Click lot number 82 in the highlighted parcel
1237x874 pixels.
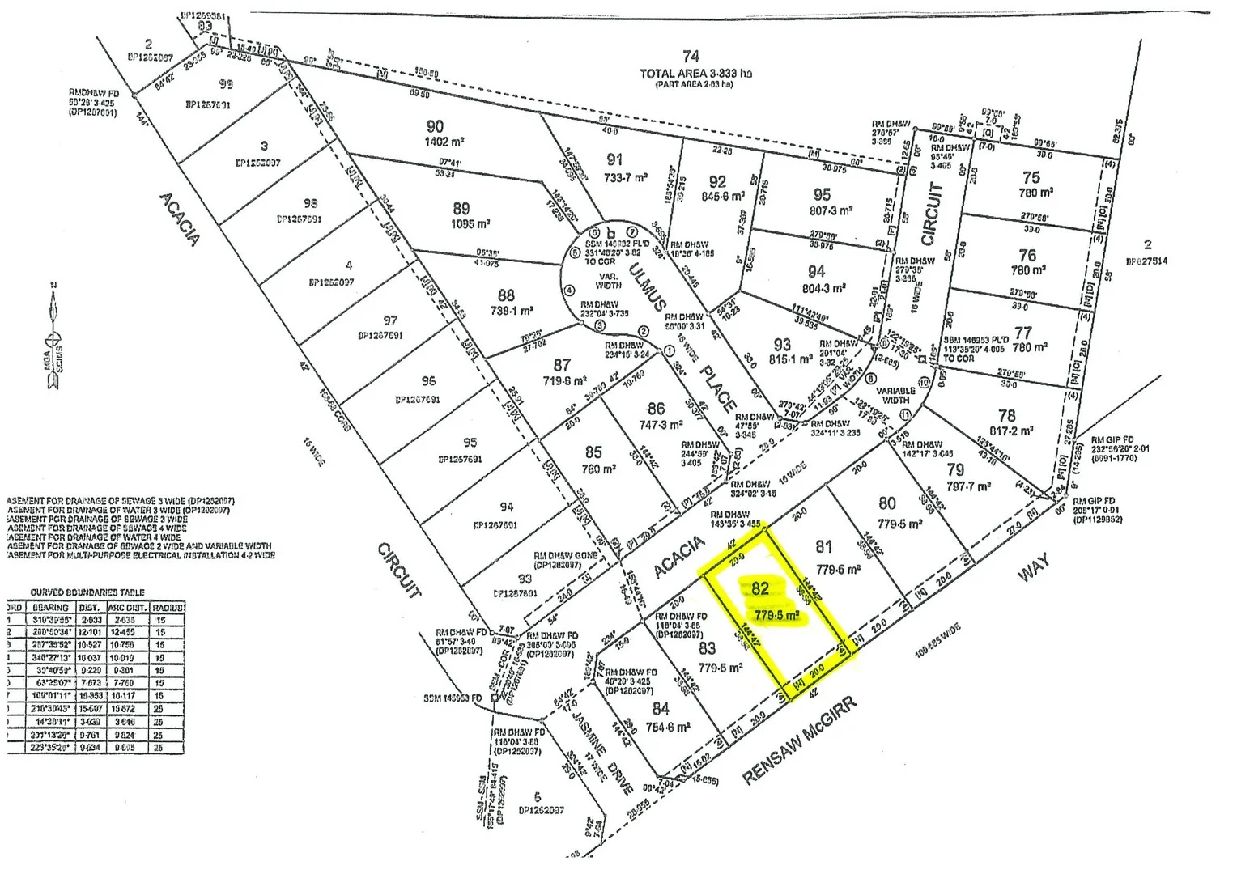point(759,588)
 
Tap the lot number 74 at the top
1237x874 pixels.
point(691,57)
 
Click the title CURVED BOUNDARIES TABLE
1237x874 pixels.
point(87,592)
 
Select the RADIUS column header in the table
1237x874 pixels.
point(168,607)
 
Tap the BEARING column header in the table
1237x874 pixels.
point(50,607)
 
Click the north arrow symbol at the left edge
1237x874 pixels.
point(53,340)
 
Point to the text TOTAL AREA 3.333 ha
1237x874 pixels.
point(695,74)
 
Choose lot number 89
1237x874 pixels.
point(461,208)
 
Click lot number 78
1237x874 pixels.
point(1006,416)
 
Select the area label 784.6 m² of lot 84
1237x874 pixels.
point(668,727)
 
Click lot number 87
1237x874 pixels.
point(562,365)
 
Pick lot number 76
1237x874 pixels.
point(1027,255)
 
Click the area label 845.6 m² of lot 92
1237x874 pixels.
point(723,196)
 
